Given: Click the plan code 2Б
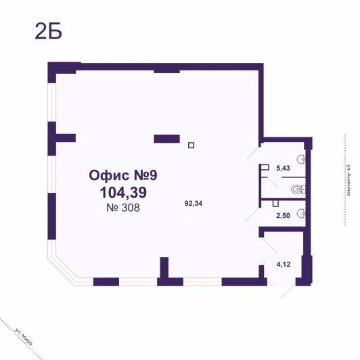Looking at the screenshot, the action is [x=49, y=31].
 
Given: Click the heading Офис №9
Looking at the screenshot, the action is [x=123, y=175].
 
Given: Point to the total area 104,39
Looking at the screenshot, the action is [x=123, y=192].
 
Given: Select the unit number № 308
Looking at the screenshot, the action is [x=123, y=208].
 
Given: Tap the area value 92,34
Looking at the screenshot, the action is [x=194, y=204].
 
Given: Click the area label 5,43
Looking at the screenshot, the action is [x=283, y=168].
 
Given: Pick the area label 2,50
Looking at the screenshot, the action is [x=283, y=216].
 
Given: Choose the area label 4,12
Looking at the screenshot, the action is [x=284, y=265].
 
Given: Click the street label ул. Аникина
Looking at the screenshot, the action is [x=348, y=180].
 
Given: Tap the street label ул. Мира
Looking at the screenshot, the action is [x=23, y=337].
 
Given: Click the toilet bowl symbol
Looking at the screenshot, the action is [x=298, y=189].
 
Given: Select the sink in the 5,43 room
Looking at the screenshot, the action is [x=301, y=159].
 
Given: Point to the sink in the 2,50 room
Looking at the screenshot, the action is [x=301, y=214].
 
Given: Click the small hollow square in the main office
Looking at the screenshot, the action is [x=191, y=145].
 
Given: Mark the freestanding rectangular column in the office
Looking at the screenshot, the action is [x=166, y=139].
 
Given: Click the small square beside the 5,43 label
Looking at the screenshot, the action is [x=265, y=167].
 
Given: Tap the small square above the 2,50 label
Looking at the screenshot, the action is [x=275, y=204].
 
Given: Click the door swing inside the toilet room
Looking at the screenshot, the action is [x=273, y=182].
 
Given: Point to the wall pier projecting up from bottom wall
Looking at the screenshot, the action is [x=164, y=268].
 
